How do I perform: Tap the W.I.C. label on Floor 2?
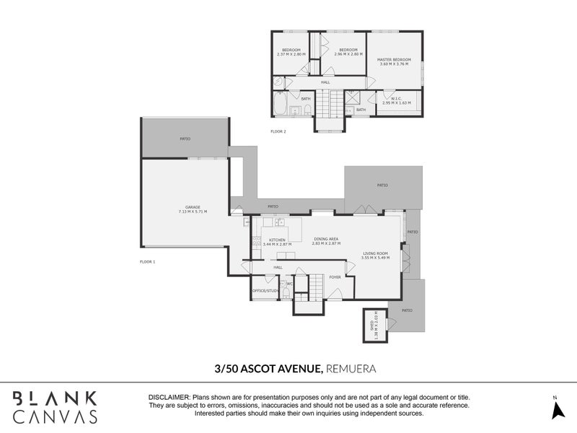[x=396, y=101]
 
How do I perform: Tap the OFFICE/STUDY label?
[x=265, y=290]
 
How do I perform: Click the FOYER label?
[x=335, y=276]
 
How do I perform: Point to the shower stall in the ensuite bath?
[x=353, y=97]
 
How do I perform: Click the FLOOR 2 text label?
[x=278, y=131]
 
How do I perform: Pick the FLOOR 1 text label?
[x=148, y=261]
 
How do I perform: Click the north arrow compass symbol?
[x=555, y=409]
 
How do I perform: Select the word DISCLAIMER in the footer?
[x=169, y=398]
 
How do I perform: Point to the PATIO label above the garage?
[x=185, y=137]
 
